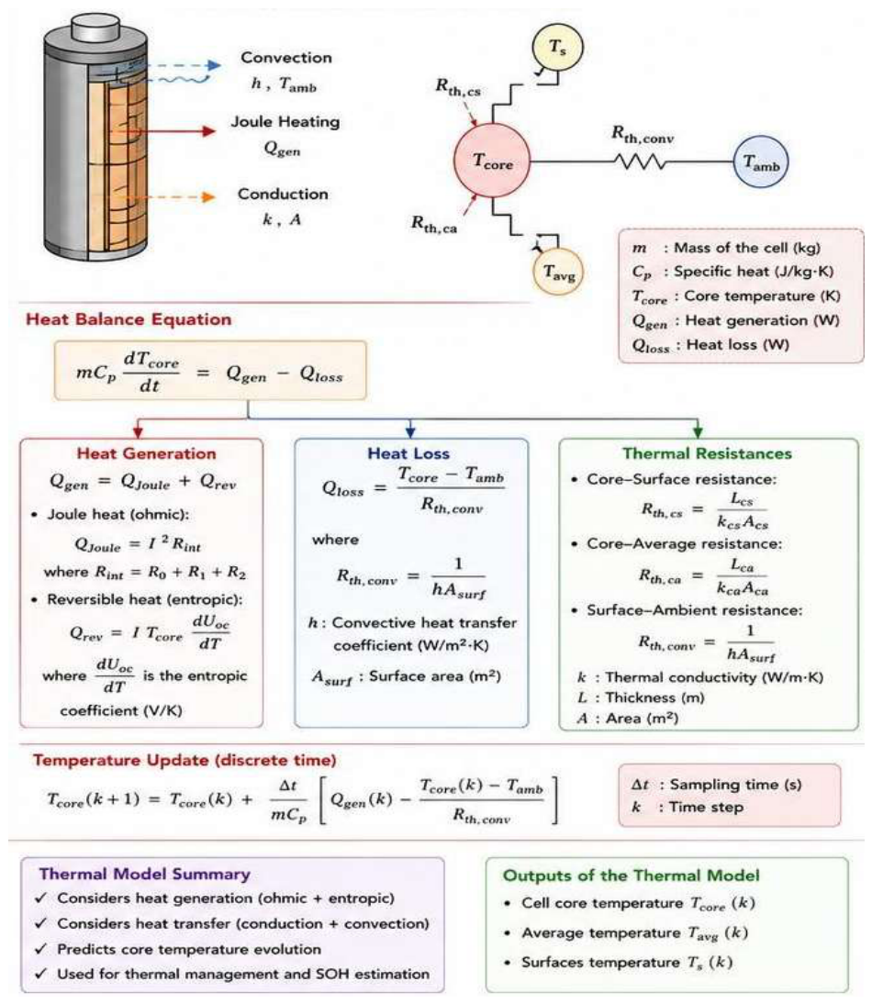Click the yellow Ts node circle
pos(558,48)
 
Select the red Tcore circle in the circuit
pos(492,161)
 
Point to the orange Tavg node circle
pos(558,273)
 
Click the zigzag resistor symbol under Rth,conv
pos(641,162)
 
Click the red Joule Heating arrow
pos(164,131)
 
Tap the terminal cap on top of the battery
pos(96,27)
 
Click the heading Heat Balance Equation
pos(129,319)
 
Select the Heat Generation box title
pos(147,454)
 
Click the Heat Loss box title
pos(408,454)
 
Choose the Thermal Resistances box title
pos(708,454)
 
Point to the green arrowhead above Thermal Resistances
pos(698,431)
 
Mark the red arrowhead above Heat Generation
pos(139,431)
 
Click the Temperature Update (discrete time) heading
pos(185,761)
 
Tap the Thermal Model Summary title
pos(145,875)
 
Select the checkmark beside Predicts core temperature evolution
pos(41,949)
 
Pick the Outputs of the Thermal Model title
pos(632,876)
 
